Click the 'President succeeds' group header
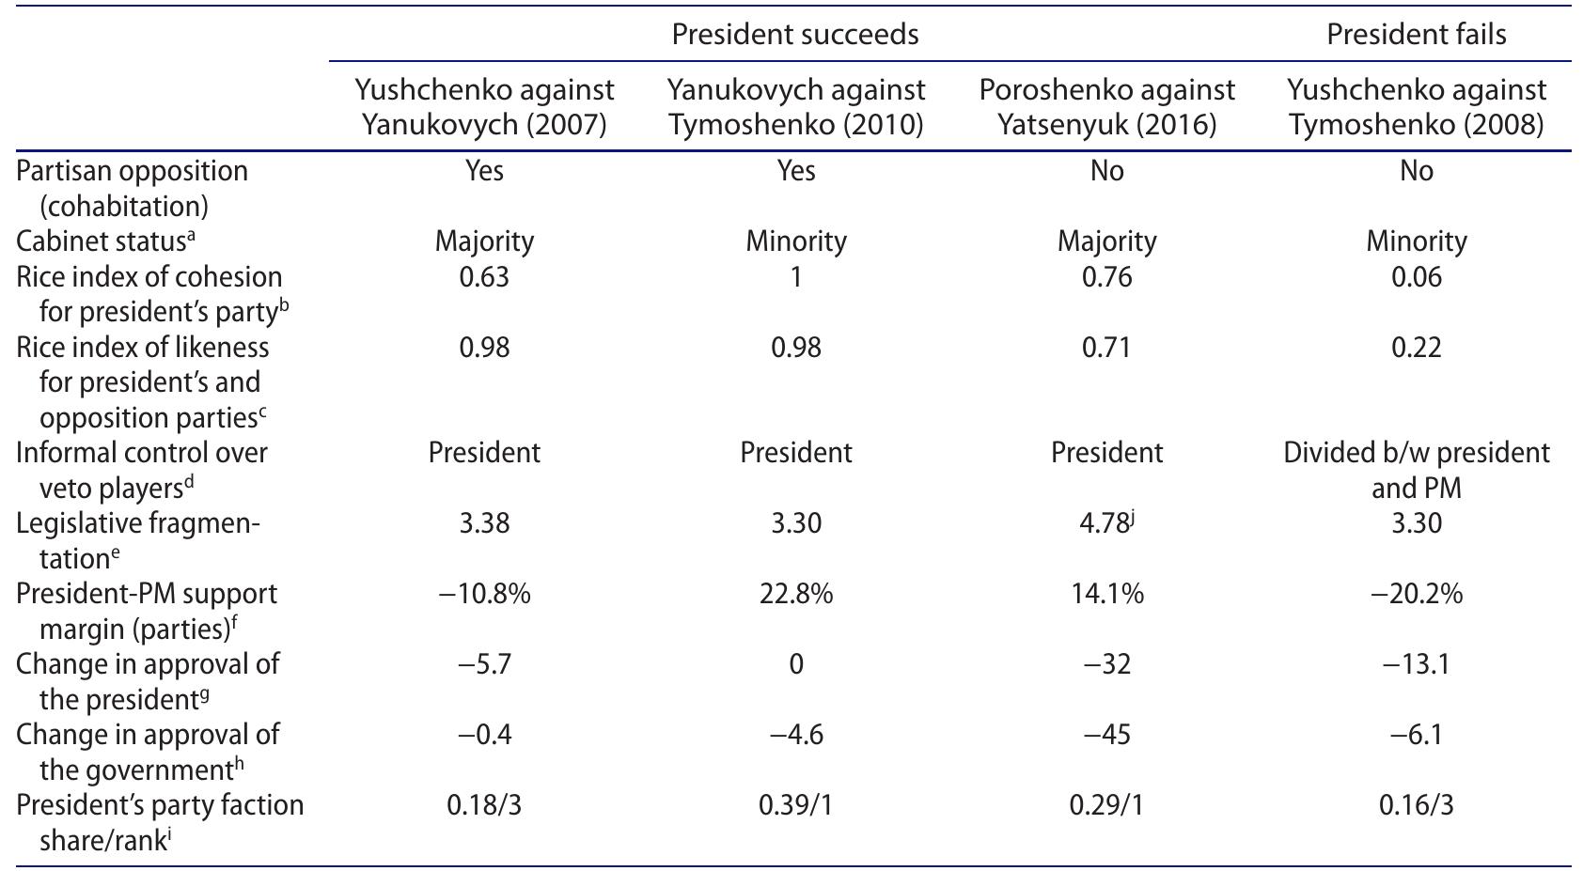click(794, 35)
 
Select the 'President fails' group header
click(1416, 35)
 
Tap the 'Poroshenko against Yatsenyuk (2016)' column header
click(1106, 107)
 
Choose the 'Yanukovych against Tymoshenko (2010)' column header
click(795, 107)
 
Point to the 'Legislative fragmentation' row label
click(137, 540)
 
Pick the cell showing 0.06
click(1416, 277)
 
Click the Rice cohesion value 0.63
click(484, 277)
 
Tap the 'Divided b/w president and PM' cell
click(1416, 470)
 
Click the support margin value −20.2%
click(1416, 594)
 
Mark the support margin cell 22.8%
click(795, 594)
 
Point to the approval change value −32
click(1106, 664)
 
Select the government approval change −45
click(1106, 734)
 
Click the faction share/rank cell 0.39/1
click(795, 805)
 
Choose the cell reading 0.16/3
click(1416, 805)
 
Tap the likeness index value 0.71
click(1106, 348)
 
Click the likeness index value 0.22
click(1416, 348)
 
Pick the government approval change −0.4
click(484, 734)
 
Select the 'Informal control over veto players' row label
click(141, 470)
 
